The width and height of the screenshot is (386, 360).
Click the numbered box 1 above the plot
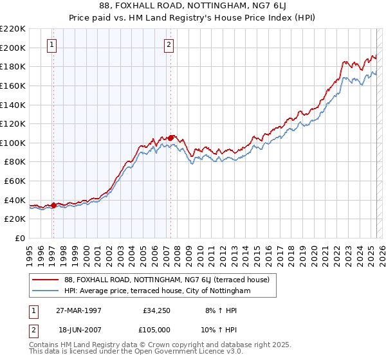click(51, 44)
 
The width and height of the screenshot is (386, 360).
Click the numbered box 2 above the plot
click(169, 44)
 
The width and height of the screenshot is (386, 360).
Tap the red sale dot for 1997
click(54, 205)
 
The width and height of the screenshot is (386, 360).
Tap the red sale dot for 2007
click(171, 137)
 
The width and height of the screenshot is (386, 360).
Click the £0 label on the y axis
click(21, 238)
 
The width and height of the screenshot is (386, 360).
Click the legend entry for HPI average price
click(157, 291)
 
